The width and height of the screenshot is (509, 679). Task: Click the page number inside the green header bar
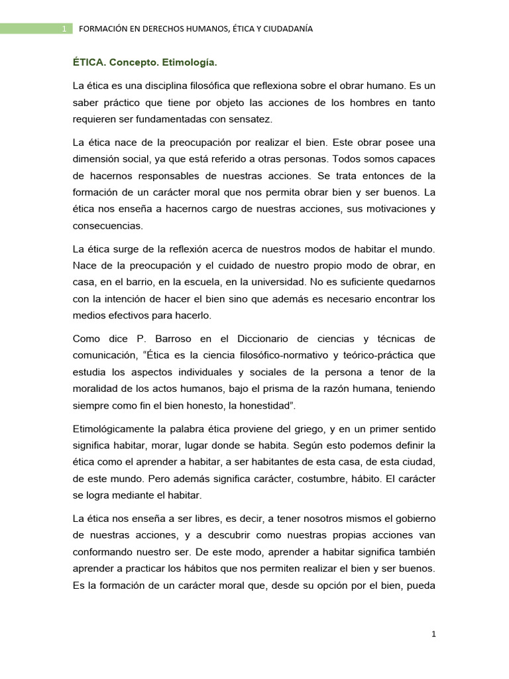(x=64, y=29)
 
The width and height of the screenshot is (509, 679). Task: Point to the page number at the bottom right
(x=433, y=634)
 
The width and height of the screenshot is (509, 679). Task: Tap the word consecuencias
(x=108, y=225)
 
